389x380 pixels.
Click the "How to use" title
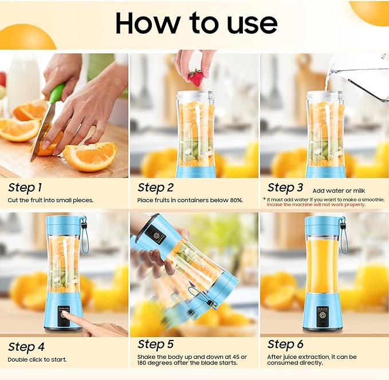[x=196, y=23]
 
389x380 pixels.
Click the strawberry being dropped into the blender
[x=195, y=77]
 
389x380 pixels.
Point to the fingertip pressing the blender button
[x=65, y=315]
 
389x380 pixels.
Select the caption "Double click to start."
[x=37, y=359]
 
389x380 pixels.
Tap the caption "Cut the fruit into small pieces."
[x=50, y=200]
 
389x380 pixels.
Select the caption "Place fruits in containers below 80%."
[x=190, y=200]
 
